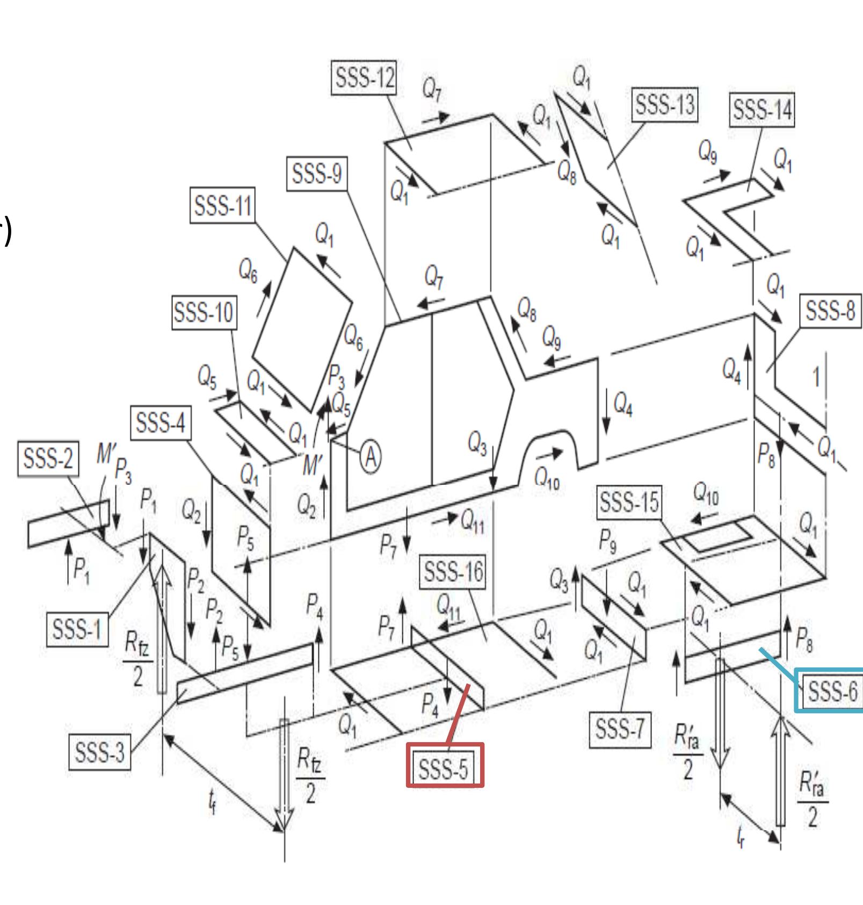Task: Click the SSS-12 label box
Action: (364, 79)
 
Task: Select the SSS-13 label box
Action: (665, 105)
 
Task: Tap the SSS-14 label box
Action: (762, 111)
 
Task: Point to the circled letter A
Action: (371, 457)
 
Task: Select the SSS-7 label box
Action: (620, 730)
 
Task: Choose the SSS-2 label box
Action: (48, 459)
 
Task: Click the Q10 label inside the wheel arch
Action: (547, 477)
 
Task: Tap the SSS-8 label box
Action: (830, 311)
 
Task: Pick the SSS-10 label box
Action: (204, 312)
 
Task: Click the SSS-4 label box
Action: (160, 423)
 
